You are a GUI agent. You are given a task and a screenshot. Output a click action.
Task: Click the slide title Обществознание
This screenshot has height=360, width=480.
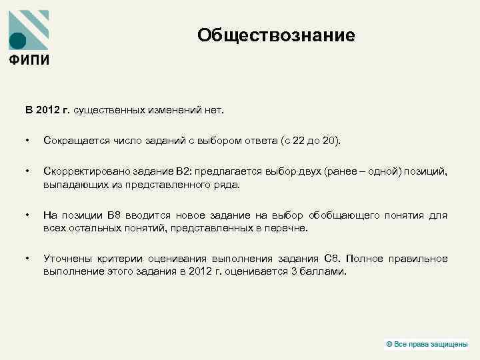pyautogui.click(x=276, y=36)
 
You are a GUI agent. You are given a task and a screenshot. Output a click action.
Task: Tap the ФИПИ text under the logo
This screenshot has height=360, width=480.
pyautogui.click(x=29, y=59)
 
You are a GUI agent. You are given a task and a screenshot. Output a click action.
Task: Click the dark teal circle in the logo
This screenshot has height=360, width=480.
pyautogui.click(x=18, y=41)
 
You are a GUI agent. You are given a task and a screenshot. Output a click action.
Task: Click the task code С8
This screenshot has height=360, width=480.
pyautogui.click(x=331, y=259)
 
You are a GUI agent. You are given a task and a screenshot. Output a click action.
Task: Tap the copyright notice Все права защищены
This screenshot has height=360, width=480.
pyautogui.click(x=429, y=344)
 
